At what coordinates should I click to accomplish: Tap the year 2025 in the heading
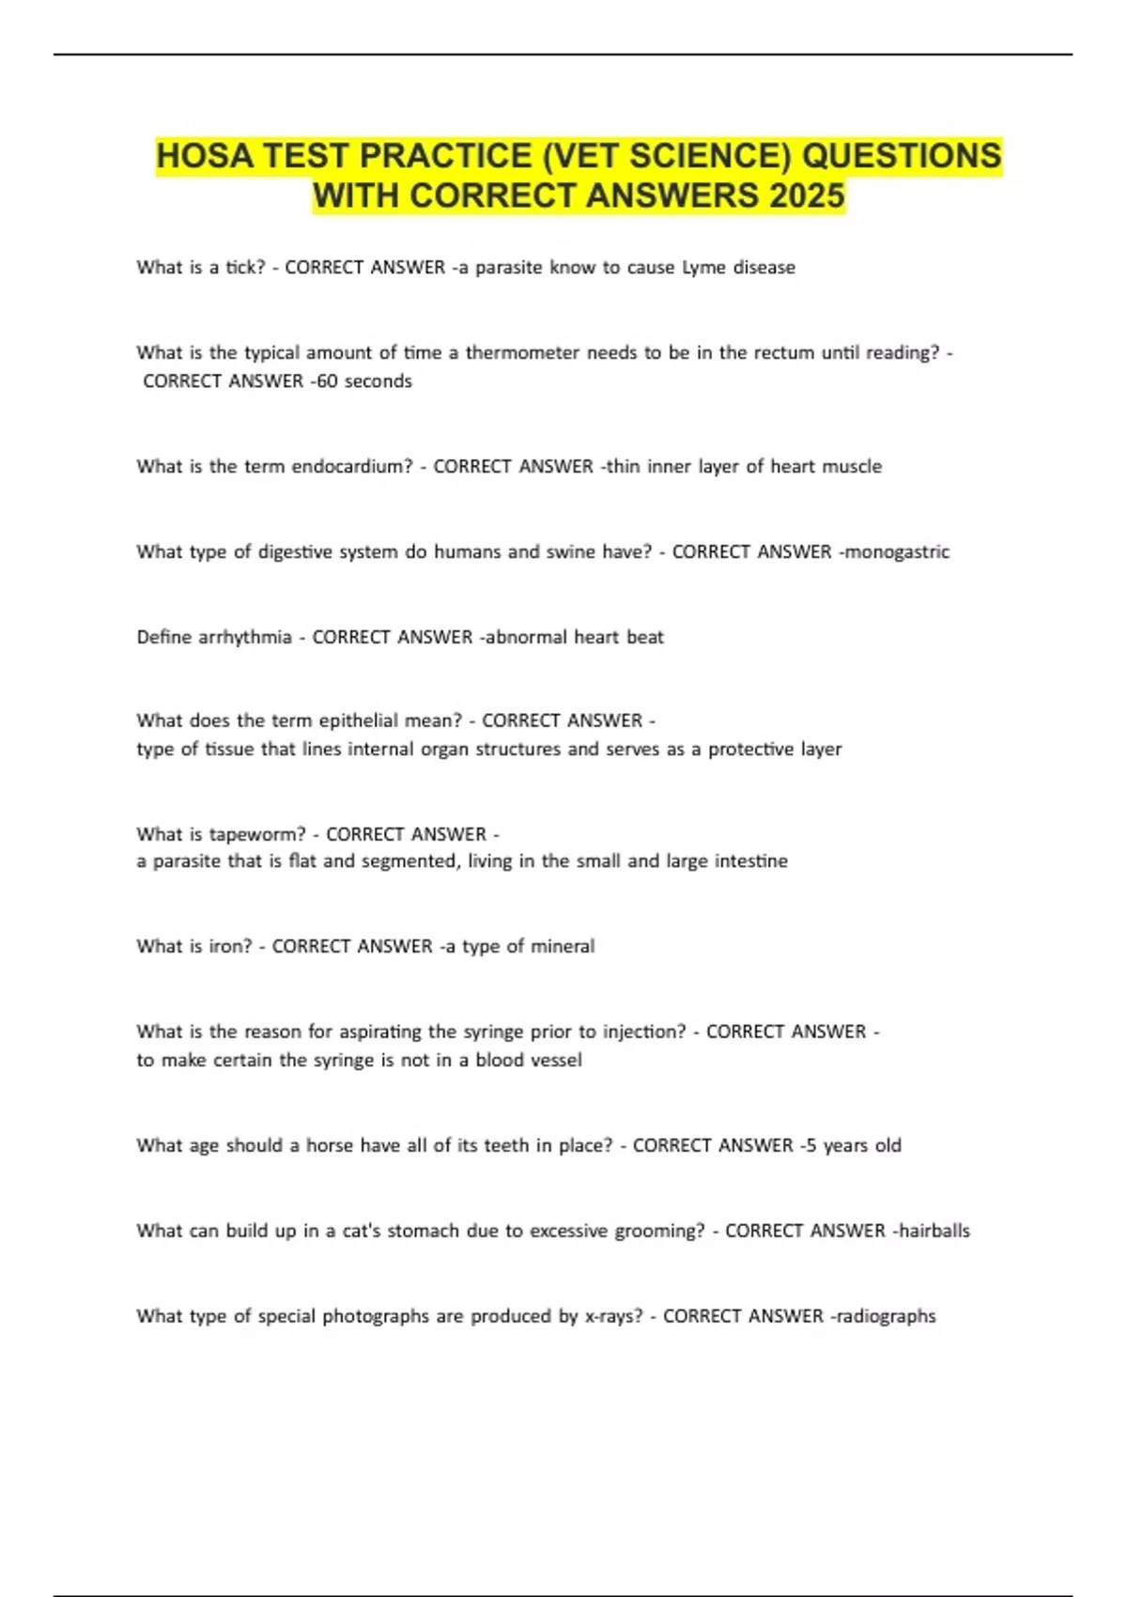[807, 196]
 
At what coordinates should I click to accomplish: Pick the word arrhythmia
[244, 638]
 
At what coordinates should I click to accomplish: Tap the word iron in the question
[230, 947]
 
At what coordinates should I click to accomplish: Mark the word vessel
[555, 1061]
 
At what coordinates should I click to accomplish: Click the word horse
[332, 1146]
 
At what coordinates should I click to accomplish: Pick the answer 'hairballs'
[934, 1232]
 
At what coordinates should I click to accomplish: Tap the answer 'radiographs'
[886, 1317]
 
